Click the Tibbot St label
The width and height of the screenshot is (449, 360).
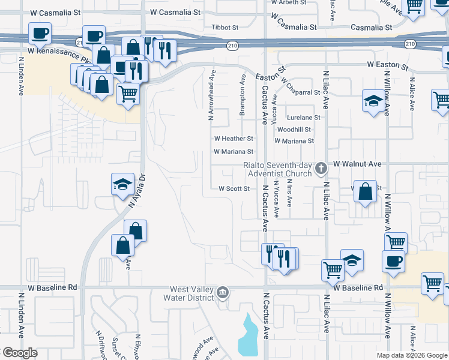click(x=226, y=28)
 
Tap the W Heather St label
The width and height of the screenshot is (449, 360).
click(x=237, y=139)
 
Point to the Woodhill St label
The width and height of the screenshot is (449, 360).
click(x=294, y=129)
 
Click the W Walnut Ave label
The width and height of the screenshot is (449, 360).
click(x=358, y=163)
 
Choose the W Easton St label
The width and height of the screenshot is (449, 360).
click(x=388, y=64)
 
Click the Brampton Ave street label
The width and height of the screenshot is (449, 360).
click(x=243, y=95)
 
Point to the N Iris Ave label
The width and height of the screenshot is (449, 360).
click(x=289, y=193)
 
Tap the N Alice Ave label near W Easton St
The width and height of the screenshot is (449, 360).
click(x=412, y=92)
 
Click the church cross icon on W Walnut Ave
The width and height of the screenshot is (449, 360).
click(x=321, y=167)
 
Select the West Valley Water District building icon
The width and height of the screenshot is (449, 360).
click(x=223, y=292)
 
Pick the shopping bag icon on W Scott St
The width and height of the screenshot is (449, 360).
click(x=365, y=192)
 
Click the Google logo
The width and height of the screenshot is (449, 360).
click(x=20, y=353)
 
